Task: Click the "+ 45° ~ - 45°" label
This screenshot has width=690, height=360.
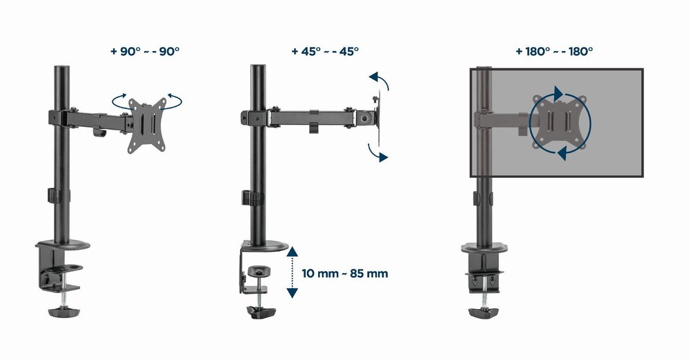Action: (x=325, y=51)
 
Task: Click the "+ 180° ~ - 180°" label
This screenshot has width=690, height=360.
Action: (x=554, y=51)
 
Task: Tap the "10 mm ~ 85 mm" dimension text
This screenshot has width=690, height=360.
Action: (x=344, y=274)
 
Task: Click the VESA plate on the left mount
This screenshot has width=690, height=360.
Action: (x=146, y=124)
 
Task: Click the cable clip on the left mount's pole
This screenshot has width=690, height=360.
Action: (x=52, y=195)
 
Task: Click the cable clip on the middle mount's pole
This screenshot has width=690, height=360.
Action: (x=249, y=197)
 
